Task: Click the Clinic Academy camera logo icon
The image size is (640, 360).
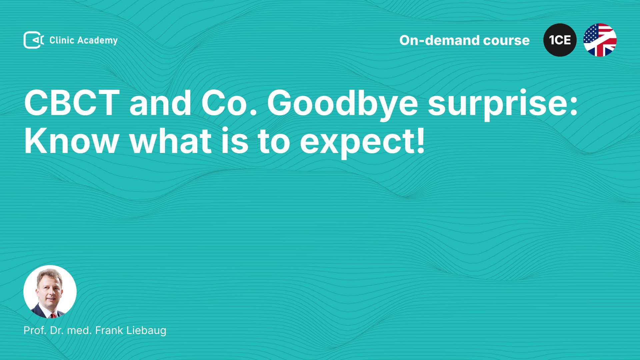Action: [x=34, y=40]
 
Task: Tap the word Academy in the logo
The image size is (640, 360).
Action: [x=97, y=41]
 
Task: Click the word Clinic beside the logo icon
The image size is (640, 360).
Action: [x=62, y=40]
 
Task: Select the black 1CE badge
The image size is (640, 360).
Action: [x=560, y=40]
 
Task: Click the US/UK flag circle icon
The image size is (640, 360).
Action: [x=600, y=40]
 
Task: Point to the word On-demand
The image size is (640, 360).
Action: [x=439, y=40]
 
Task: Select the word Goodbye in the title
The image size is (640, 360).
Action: [x=342, y=104]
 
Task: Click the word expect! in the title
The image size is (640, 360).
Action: [x=362, y=142]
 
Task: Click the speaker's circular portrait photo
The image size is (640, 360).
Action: [x=50, y=292]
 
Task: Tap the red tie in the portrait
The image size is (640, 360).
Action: [x=53, y=315]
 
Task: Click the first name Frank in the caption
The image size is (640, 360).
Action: [x=109, y=330]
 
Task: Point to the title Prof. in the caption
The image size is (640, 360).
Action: [x=35, y=330]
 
